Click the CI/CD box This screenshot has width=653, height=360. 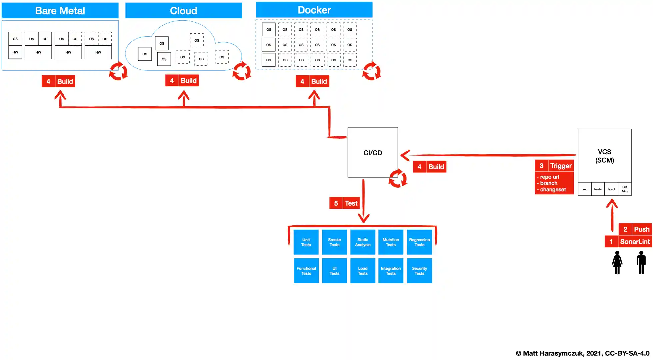click(x=372, y=153)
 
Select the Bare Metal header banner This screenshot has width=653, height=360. click(x=60, y=11)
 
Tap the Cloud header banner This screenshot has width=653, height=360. click(x=183, y=11)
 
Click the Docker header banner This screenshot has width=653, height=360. click(x=314, y=10)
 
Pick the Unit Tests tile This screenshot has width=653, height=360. click(x=306, y=242)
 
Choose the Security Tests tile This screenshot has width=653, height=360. click(x=419, y=271)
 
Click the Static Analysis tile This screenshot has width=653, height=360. click(x=362, y=242)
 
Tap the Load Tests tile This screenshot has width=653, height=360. click(x=362, y=271)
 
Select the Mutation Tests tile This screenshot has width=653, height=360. click(x=390, y=242)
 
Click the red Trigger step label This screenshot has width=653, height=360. click(x=554, y=166)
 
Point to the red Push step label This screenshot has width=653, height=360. click(x=635, y=229)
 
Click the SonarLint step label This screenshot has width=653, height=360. click(x=628, y=241)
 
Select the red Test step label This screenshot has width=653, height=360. click(x=344, y=203)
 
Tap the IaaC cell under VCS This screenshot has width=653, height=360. click(x=611, y=189)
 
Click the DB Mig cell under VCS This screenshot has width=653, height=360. click(x=624, y=189)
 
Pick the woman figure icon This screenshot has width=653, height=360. click(x=617, y=263)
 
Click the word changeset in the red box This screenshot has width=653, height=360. click(x=553, y=190)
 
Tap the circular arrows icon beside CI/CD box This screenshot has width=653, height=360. click(x=398, y=178)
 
